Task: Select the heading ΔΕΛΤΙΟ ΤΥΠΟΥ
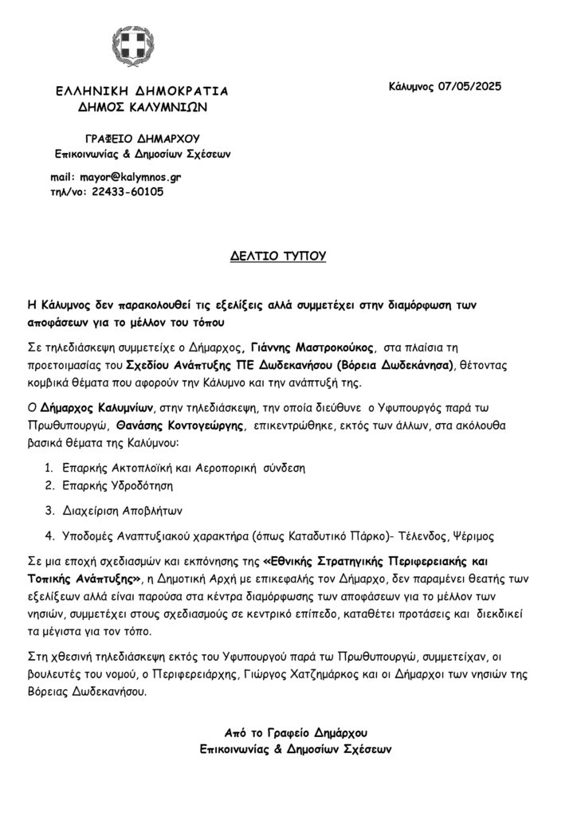pos(288,257)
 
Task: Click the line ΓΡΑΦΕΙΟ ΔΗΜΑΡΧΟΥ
pos(142,138)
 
